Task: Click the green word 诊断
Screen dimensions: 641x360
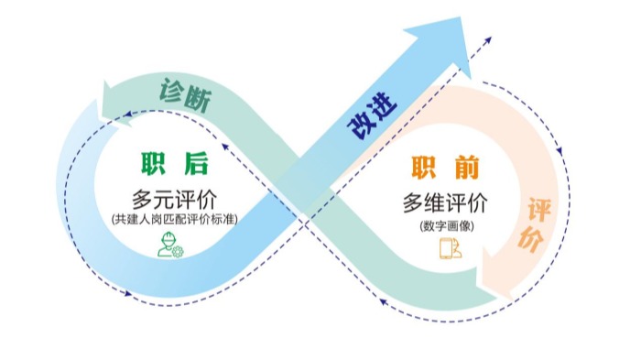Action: click(185, 95)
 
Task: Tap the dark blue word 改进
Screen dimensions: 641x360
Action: click(372, 115)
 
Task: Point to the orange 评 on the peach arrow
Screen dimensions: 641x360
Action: click(539, 210)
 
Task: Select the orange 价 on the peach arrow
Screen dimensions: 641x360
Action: click(530, 238)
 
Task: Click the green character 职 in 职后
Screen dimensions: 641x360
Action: click(153, 164)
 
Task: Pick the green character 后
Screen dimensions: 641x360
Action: click(196, 164)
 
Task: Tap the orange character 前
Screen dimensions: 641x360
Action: click(467, 168)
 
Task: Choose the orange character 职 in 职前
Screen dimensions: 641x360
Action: click(424, 168)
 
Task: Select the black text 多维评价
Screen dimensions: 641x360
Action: click(445, 203)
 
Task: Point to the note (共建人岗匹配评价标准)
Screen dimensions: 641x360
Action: click(175, 219)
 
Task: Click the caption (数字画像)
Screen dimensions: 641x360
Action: click(447, 226)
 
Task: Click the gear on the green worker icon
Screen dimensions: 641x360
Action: click(179, 252)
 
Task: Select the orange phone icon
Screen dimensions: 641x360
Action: click(451, 248)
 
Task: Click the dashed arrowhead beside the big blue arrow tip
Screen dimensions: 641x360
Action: click(488, 40)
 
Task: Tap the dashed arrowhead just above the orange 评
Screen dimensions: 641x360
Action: click(560, 151)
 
